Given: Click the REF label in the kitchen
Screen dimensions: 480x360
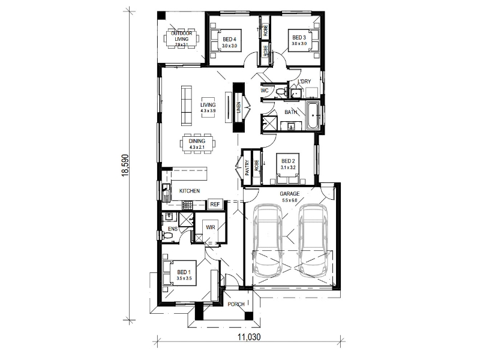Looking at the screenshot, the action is [x=215, y=204].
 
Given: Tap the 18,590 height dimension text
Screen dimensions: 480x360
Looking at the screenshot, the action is [x=125, y=166].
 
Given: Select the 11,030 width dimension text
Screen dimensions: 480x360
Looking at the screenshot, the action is [x=249, y=337].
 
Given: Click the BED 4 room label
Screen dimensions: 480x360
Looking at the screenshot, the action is [x=229, y=39].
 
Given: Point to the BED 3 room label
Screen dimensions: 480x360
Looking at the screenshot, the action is [x=299, y=38].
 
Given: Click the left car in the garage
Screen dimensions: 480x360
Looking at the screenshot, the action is [x=268, y=240].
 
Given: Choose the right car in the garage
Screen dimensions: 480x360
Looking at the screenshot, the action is [x=313, y=240].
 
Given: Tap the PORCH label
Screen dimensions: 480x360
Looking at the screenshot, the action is [x=236, y=304].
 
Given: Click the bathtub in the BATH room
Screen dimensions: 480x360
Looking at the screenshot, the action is [x=313, y=116].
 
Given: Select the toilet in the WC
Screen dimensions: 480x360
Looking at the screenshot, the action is [x=281, y=91].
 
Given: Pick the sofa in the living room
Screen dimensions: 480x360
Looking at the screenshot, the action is [x=187, y=106].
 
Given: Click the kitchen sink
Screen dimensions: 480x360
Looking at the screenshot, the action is [x=166, y=192].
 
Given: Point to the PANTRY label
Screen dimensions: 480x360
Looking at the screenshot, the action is [x=247, y=168].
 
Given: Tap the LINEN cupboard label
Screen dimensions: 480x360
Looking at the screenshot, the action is [x=239, y=107].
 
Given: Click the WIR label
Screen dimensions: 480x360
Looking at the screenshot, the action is [x=211, y=227].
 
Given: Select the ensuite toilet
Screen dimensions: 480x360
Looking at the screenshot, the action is [x=167, y=235].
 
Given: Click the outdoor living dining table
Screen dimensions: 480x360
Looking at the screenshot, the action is [x=182, y=39].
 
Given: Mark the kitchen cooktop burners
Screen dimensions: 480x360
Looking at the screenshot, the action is [x=187, y=205].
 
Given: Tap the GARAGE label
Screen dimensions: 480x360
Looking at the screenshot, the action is [x=290, y=194].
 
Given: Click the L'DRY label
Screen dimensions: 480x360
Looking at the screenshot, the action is [x=304, y=81].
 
